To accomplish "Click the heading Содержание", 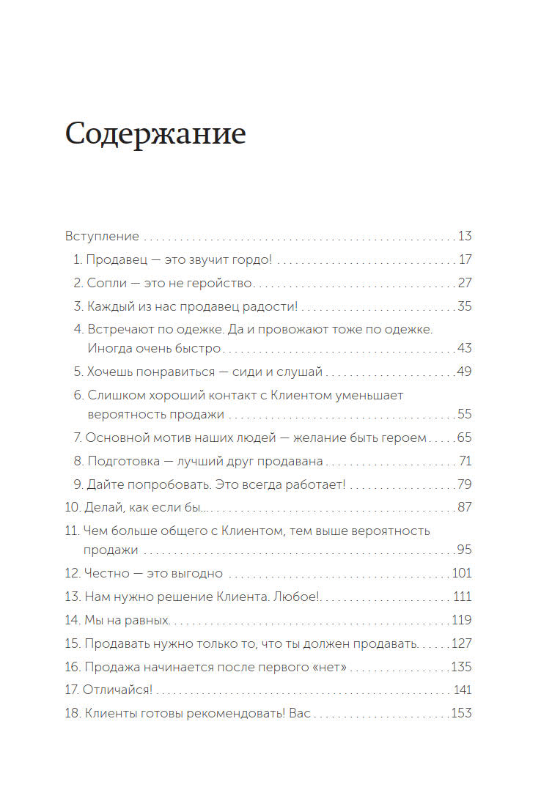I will point(155,135).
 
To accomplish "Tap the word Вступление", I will point(102,237).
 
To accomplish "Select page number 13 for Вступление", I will point(464,237).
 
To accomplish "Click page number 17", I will point(465,259).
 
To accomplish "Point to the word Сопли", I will point(103,283).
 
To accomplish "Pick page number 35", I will point(464,306).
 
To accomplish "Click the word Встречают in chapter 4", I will point(119,329).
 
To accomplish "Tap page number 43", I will point(464,348).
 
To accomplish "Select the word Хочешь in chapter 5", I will point(110,372).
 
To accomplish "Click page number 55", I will point(464,414).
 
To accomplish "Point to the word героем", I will point(400,438).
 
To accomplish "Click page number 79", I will point(464,484).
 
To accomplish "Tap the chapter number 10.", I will point(73,507).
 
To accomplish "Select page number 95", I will point(464,550).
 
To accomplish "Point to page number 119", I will point(462,620).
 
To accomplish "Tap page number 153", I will point(461,713).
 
